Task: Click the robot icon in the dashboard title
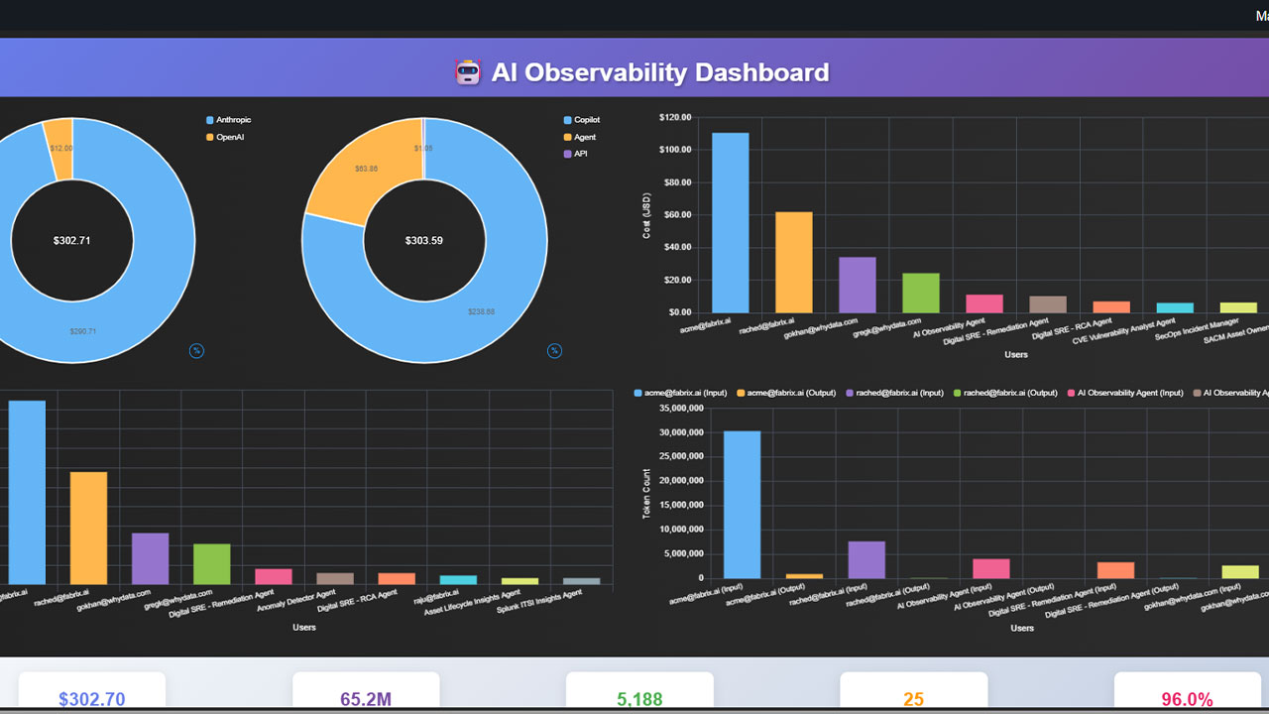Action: [467, 72]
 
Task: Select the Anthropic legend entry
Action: [227, 120]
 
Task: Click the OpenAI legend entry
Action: [224, 137]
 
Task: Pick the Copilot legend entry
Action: [585, 120]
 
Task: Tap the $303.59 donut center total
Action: [424, 241]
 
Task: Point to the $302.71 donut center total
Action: [71, 241]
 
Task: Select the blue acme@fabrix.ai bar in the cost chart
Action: [731, 222]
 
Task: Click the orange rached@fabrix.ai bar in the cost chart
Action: [793, 262]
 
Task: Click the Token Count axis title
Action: [647, 493]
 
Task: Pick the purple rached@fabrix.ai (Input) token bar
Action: [866, 559]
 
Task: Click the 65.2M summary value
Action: [366, 699]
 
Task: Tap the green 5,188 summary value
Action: [639, 699]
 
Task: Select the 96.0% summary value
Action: [1187, 699]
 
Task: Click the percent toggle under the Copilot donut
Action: [555, 350]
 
